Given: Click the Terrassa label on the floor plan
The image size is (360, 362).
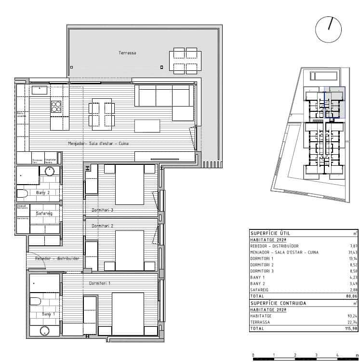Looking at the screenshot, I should [127, 53].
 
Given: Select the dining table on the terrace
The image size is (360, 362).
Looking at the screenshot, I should [185, 60].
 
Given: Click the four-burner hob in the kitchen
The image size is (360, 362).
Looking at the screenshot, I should [56, 107].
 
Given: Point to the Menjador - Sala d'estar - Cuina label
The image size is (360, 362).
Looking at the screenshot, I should [98, 144].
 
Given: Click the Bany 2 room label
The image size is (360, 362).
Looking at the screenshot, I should [43, 193].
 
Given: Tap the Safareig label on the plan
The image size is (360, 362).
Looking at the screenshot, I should [44, 214].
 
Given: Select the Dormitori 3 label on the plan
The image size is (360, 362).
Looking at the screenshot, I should [102, 210].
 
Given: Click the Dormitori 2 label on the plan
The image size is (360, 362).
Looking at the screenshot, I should [102, 226].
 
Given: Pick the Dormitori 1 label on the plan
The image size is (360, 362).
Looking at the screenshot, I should [100, 283].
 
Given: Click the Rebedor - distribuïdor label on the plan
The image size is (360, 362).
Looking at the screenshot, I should [57, 259].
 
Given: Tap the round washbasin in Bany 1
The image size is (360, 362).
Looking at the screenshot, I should [45, 332].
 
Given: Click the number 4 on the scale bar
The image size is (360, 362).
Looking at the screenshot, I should [337, 355].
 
